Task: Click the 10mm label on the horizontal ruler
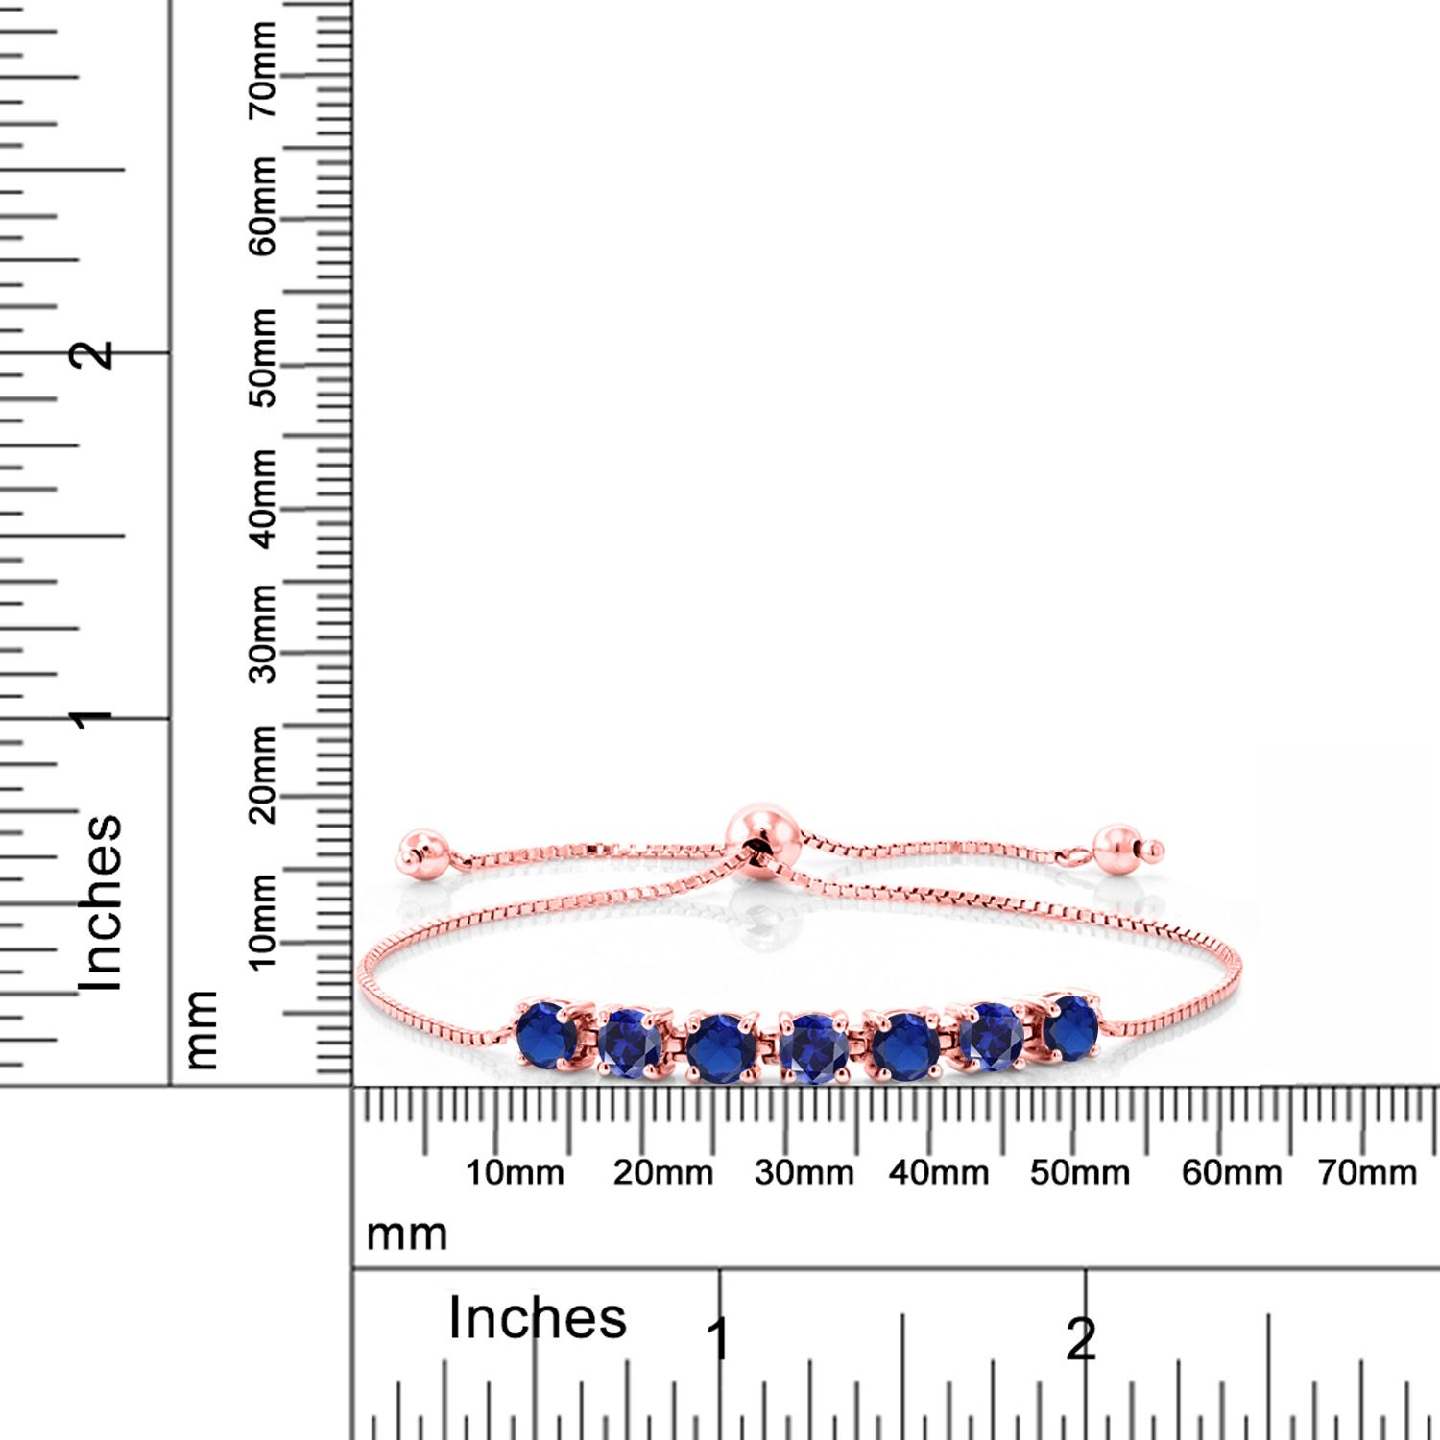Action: [515, 1172]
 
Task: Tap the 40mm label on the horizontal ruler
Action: [938, 1172]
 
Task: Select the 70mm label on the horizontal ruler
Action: [1367, 1172]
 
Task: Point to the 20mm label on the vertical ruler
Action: [262, 774]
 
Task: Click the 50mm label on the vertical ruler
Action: [262, 357]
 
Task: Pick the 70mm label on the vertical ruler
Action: [262, 70]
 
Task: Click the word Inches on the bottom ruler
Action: [538, 1317]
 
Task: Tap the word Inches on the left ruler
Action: [100, 902]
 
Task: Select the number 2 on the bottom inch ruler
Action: [1081, 1339]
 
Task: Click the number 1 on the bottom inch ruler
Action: [718, 1339]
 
